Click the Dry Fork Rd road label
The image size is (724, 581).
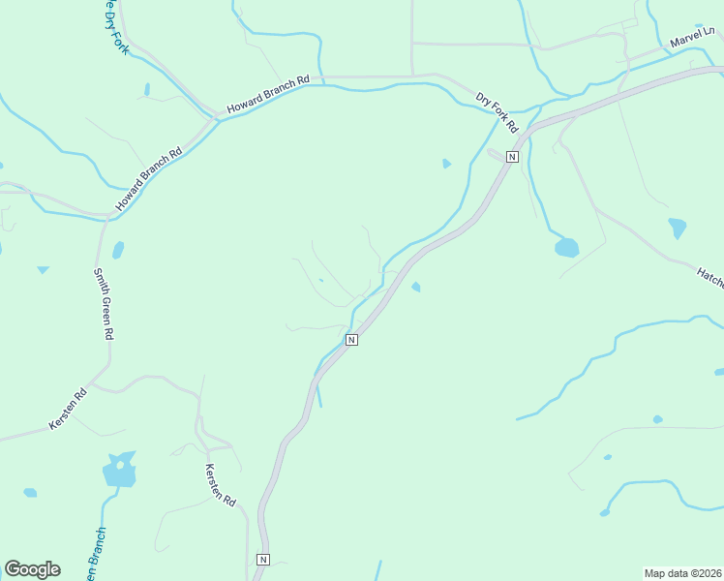point(498,112)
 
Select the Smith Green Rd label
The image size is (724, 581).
point(103,304)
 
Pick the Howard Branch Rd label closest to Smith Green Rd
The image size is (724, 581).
point(149,180)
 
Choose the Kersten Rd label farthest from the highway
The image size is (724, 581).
point(68,411)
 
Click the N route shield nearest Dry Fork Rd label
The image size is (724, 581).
point(512,156)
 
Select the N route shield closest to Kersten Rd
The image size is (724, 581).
point(262,560)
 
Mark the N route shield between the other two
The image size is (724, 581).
point(351,339)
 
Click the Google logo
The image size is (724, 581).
point(32,569)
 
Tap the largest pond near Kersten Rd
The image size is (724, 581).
point(119,473)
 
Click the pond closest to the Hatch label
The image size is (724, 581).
point(677,229)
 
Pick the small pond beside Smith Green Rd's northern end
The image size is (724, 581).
point(118,250)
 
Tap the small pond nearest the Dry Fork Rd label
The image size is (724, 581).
point(446,164)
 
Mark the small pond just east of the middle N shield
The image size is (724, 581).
point(416,287)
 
